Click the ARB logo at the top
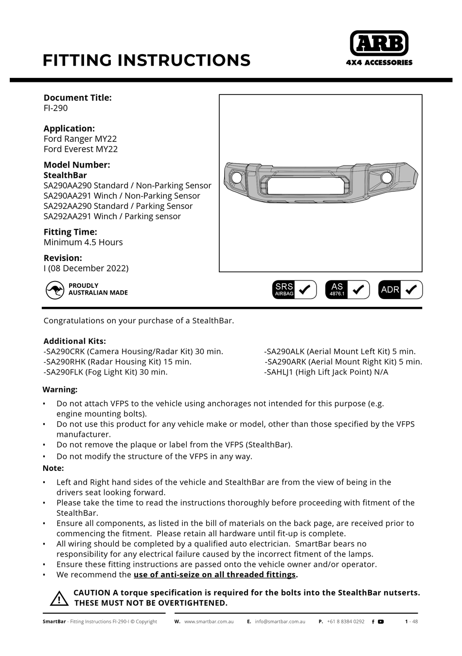pyautogui.click(x=379, y=44)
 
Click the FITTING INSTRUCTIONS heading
pyautogui.click(x=146, y=60)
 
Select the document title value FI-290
pyautogui.click(x=55, y=108)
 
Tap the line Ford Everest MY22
pyautogui.click(x=80, y=149)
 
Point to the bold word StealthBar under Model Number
pyautogui.click(x=65, y=175)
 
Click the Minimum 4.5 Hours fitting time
pyautogui.click(x=83, y=242)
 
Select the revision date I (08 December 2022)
pyautogui.click(x=86, y=268)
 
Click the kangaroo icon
pyautogui.click(x=55, y=290)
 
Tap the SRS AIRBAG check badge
pyautogui.click(x=294, y=290)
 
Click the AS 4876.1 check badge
pyautogui.click(x=347, y=290)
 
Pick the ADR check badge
pyautogui.click(x=400, y=290)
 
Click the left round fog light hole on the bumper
pyautogui.click(x=237, y=178)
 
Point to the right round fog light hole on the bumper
pyautogui.click(x=387, y=178)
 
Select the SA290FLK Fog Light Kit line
pyautogui.click(x=106, y=372)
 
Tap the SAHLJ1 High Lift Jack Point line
pyautogui.click(x=326, y=372)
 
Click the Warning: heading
pyautogui.click(x=60, y=390)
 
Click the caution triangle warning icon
pyautogui.click(x=59, y=598)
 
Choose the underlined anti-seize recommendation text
pyautogui.click(x=215, y=575)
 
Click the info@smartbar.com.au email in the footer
pyautogui.click(x=280, y=621)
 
